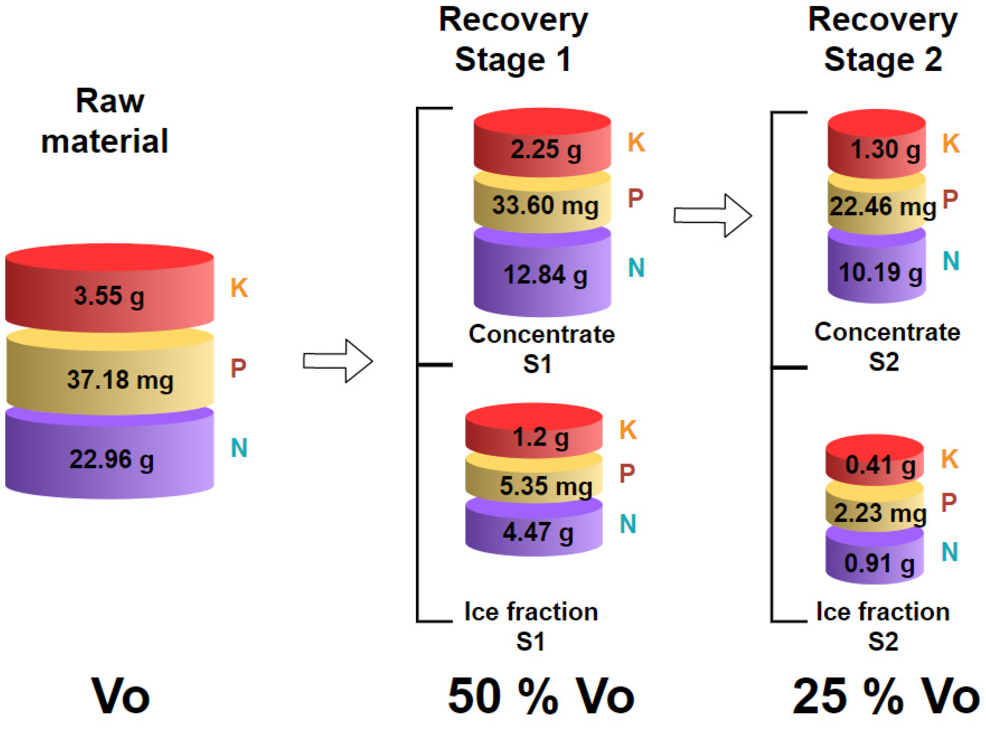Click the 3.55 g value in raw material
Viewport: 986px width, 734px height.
pos(109,296)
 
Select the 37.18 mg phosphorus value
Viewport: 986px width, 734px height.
pos(120,380)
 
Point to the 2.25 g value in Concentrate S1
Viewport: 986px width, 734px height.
pos(546,149)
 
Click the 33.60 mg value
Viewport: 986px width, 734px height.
pos(545,206)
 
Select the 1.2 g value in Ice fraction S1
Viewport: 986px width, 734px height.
pos(540,438)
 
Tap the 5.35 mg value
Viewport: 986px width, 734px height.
pos(546,486)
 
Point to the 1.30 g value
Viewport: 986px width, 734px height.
pos(885,149)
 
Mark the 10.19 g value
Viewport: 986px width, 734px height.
pos(880,272)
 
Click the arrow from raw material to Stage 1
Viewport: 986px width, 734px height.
pos(338,361)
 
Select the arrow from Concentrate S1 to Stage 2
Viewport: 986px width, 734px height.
pos(713,215)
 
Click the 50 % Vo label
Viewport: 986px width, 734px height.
pos(541,696)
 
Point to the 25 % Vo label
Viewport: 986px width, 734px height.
pos(886,696)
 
